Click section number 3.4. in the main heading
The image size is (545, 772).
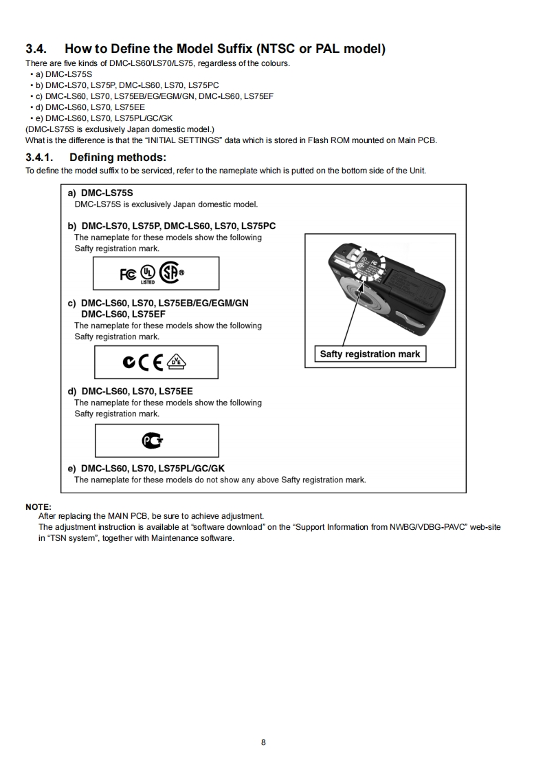(36, 49)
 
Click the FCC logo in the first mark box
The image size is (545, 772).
(128, 274)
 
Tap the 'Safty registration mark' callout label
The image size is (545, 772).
(370, 354)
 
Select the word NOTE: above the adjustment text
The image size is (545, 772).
(38, 507)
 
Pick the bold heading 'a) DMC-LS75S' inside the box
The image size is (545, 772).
(100, 194)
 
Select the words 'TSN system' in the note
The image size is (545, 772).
(71, 537)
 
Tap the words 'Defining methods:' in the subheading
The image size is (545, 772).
(118, 158)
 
